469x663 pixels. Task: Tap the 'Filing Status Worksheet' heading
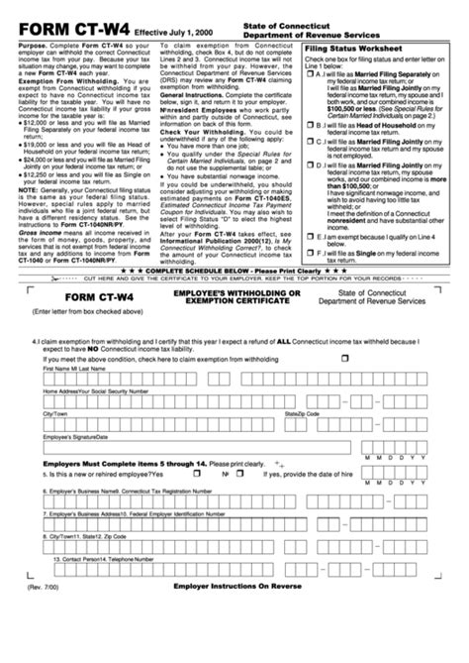coord(353,49)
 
